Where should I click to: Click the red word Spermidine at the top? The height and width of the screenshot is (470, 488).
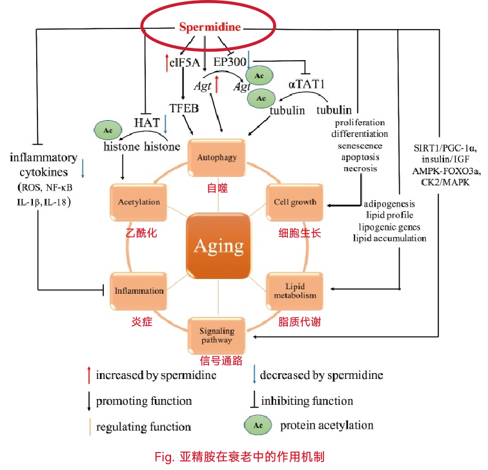[x=210, y=27]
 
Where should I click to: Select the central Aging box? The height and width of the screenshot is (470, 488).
[x=218, y=245]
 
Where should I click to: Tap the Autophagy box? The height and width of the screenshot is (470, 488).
[x=218, y=157]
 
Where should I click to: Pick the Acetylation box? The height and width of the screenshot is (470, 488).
[x=139, y=202]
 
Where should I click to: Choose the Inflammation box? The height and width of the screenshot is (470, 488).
[x=139, y=291]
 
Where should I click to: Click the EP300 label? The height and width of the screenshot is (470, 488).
[x=229, y=61]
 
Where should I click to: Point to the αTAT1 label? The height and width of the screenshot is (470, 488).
[x=307, y=84]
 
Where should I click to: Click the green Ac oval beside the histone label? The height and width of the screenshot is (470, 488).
[x=107, y=130]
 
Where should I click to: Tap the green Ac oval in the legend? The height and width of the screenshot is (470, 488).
[x=258, y=425]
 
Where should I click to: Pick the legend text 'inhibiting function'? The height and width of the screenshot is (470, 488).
[x=307, y=401]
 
